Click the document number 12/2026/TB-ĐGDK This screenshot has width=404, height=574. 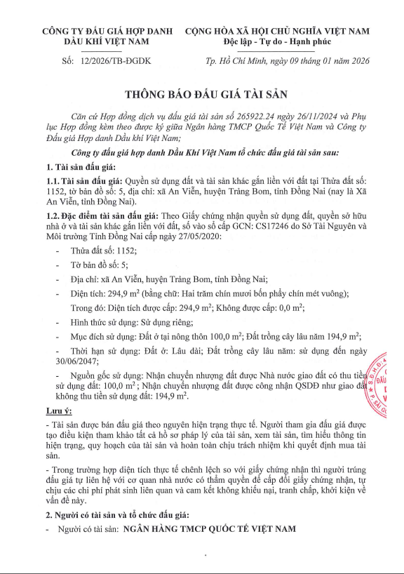(x=110, y=62)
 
